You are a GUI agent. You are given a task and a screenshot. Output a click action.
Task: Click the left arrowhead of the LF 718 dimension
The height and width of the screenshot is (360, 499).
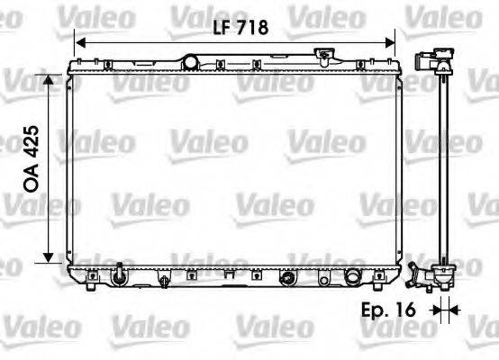click(x=80, y=42)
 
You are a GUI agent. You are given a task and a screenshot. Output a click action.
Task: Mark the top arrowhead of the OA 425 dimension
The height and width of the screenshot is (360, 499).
click(x=47, y=79)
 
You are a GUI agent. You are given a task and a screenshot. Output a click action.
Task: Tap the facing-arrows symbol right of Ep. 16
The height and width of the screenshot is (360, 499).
click(x=443, y=311)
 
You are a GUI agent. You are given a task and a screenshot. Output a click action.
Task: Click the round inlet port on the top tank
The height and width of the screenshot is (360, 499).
click(x=190, y=61)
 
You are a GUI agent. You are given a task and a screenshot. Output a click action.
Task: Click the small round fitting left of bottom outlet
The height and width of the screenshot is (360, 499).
click(x=287, y=276)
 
